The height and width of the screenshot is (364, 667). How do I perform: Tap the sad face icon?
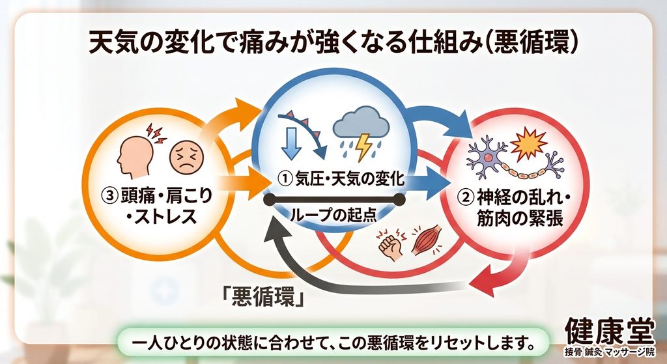186,157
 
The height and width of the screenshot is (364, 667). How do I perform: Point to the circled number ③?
109,196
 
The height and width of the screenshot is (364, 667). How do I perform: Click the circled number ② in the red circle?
465,197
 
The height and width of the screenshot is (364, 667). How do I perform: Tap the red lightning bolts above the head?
156,133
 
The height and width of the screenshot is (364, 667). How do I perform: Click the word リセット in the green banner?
446,341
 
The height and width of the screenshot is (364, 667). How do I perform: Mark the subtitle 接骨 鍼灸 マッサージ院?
610,352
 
